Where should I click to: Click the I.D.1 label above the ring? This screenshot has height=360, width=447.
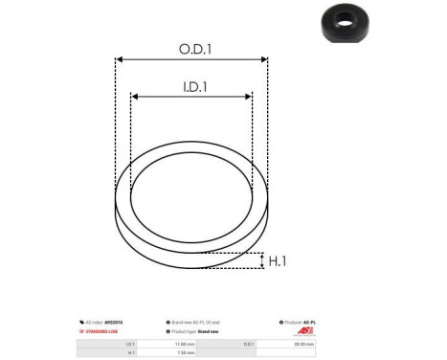pyautogui.click(x=191, y=86)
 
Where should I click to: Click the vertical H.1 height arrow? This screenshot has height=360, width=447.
pyautogui.click(x=262, y=260)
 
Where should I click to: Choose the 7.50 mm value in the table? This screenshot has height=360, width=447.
pyautogui.click(x=186, y=351)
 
